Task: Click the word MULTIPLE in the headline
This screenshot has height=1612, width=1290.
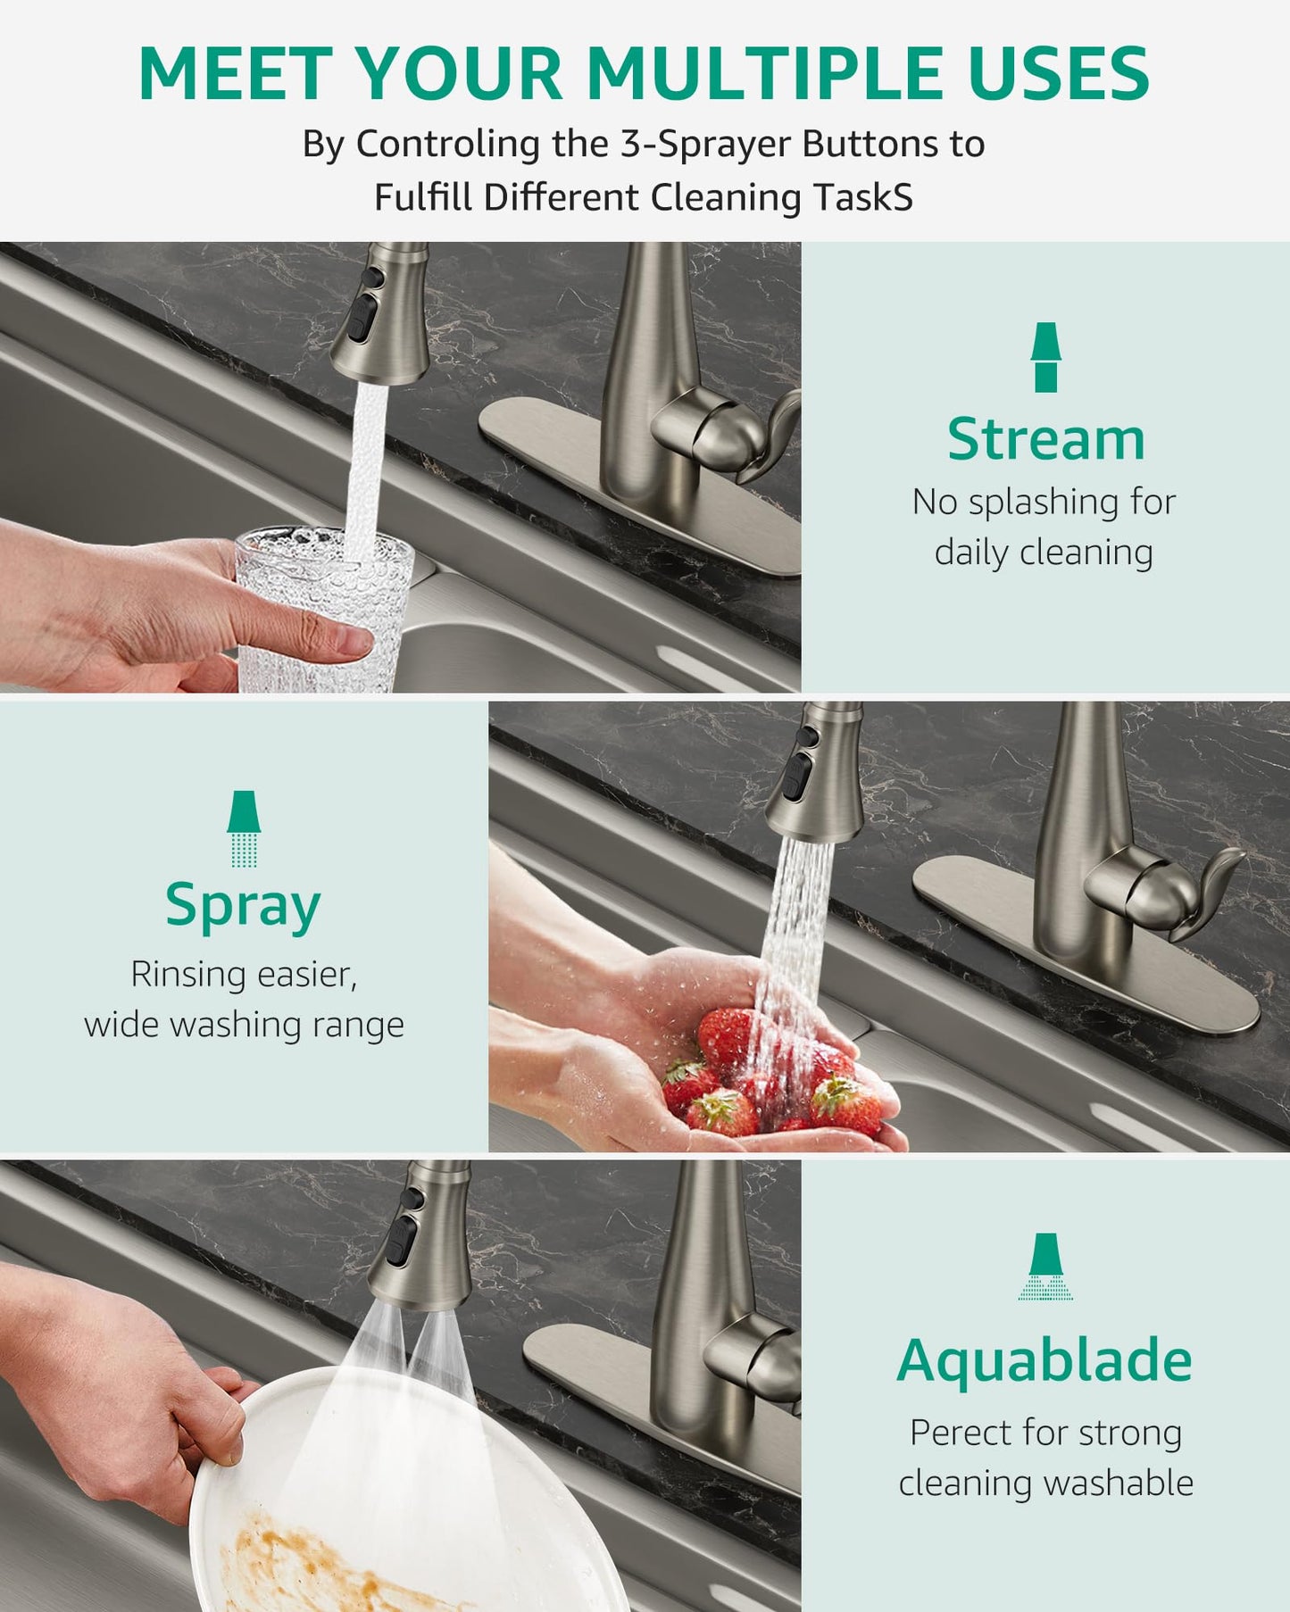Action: (x=764, y=73)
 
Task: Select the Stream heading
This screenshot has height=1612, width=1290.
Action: (x=1045, y=439)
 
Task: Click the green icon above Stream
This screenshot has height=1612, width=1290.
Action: (x=1045, y=357)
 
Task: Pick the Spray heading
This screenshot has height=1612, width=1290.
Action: (x=243, y=906)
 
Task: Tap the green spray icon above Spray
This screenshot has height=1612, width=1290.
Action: (x=244, y=828)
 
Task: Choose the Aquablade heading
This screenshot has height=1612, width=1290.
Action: (x=1044, y=1360)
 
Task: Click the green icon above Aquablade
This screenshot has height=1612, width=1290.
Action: (x=1044, y=1266)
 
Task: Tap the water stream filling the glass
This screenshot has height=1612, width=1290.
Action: (x=366, y=464)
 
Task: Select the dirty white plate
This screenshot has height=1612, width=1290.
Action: (x=402, y=1500)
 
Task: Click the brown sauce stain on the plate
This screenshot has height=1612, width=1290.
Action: (x=304, y=1562)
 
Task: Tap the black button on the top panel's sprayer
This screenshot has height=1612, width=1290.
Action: (x=361, y=317)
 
